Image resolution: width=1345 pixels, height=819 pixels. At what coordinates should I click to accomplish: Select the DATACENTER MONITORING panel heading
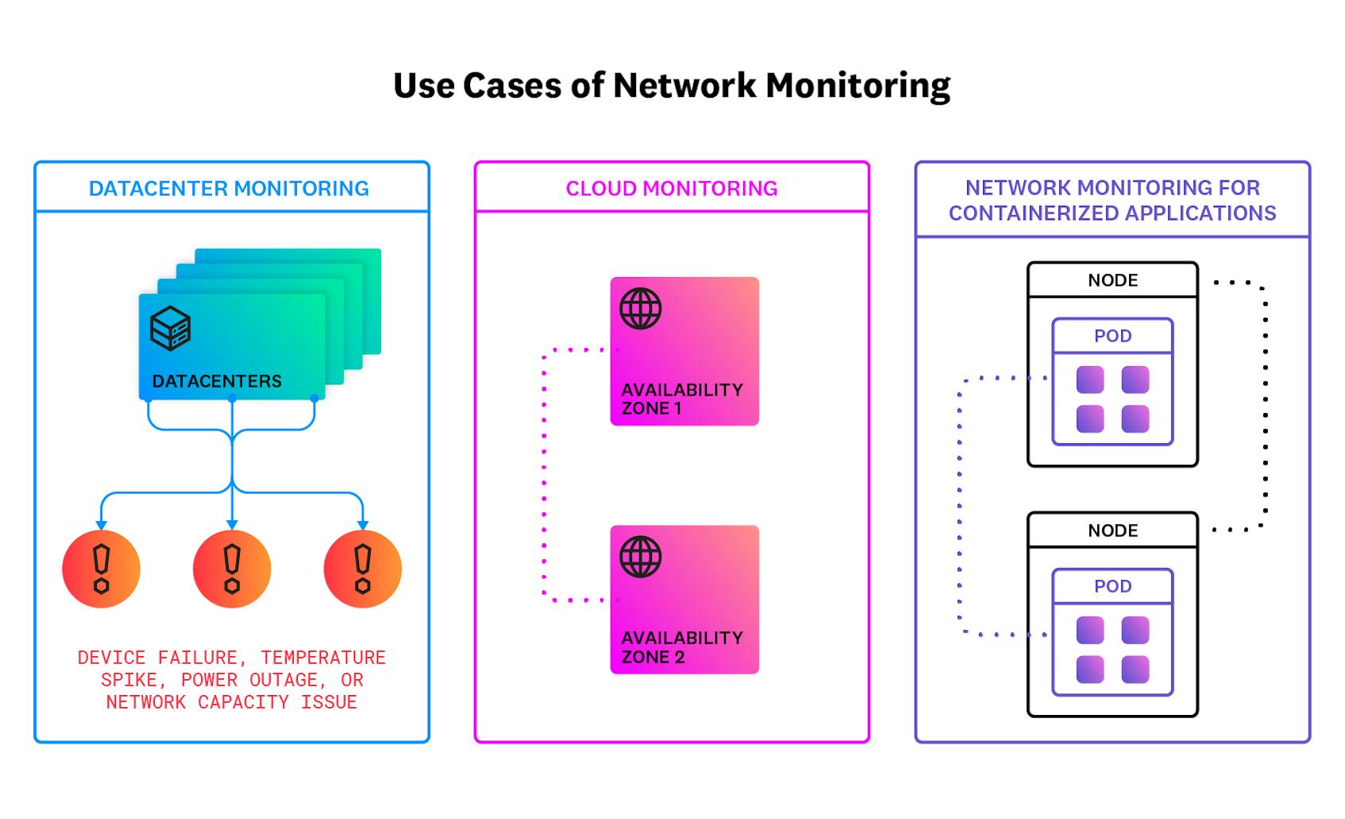229,188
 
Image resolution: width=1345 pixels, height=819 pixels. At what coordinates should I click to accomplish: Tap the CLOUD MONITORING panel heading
672,188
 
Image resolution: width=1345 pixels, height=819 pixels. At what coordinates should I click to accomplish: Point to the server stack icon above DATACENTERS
170,328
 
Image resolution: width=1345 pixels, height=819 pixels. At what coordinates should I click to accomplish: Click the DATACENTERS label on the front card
217,381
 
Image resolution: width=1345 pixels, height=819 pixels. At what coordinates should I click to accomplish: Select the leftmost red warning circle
101,569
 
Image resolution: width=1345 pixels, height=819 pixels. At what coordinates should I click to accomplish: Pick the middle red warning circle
232,569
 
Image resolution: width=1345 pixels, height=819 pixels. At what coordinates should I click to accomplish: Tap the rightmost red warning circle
363,569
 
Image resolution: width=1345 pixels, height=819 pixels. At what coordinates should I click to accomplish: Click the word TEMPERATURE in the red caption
323,658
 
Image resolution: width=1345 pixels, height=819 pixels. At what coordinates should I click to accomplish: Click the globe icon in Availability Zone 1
641,308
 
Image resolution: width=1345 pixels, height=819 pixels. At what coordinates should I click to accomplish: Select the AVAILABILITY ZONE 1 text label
681,399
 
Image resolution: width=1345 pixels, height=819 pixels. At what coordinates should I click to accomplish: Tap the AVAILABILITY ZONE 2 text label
681,647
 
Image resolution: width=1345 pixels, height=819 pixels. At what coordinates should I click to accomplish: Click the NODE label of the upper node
1112,280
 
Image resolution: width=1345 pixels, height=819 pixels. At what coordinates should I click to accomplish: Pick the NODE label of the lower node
1112,531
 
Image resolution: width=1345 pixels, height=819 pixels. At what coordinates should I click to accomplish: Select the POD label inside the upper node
1112,336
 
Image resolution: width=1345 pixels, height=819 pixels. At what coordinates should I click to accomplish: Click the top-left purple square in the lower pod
1090,631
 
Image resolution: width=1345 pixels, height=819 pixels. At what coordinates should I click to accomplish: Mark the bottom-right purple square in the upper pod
1135,419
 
